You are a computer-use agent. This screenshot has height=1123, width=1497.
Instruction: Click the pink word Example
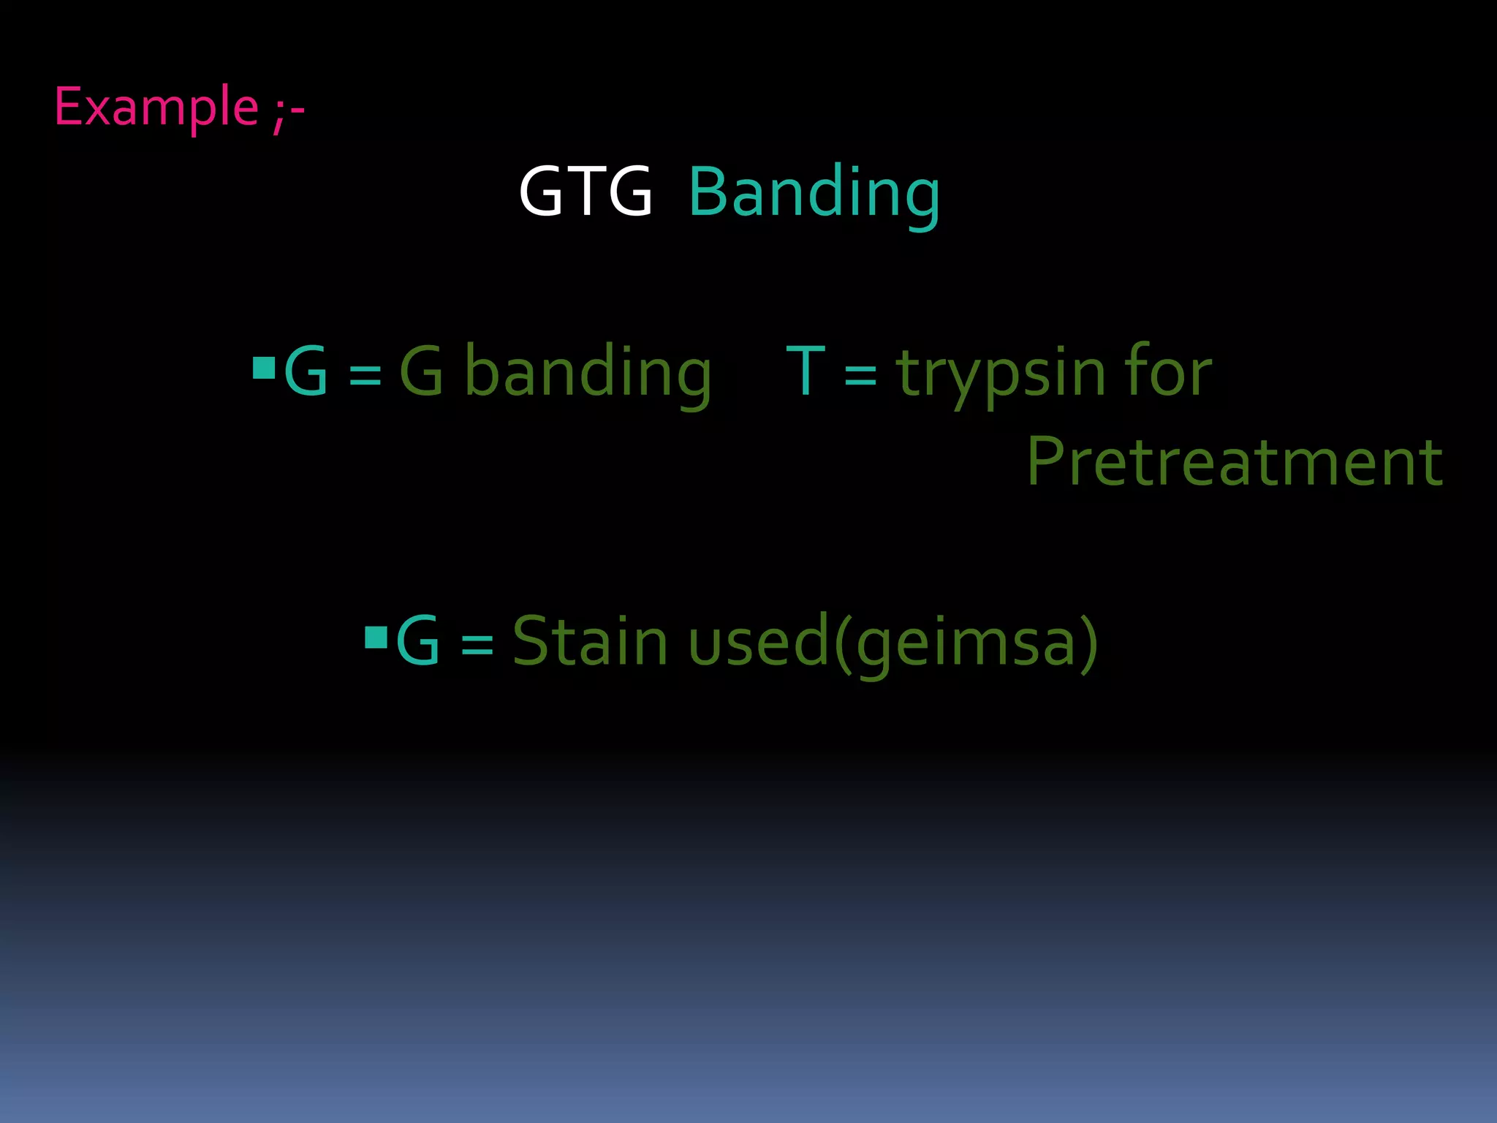tap(156, 107)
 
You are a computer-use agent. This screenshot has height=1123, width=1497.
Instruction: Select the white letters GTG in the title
tap(585, 192)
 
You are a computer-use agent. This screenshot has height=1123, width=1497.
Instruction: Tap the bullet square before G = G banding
tap(263, 368)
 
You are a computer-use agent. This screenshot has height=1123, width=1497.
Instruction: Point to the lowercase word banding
tap(588, 372)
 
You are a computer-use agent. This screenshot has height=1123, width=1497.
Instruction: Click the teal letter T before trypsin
tap(806, 372)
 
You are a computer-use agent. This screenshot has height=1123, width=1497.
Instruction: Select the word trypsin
tap(1000, 374)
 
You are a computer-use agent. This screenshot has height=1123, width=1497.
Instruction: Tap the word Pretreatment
tap(1235, 461)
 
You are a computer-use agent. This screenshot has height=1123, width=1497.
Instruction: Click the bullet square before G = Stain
tap(376, 638)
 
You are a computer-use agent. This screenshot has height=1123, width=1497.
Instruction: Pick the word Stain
tap(590, 641)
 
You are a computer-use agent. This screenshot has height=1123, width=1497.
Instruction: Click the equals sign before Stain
tap(477, 645)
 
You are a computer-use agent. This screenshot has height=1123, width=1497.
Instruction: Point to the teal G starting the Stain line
tap(417, 641)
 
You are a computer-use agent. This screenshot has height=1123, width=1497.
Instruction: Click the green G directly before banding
tap(422, 372)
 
